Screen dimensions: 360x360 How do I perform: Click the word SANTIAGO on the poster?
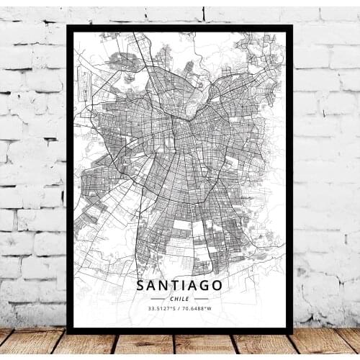pos(179,286)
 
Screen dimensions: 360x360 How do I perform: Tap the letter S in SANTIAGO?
pos(140,286)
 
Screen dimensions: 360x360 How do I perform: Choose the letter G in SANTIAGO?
pos(206,286)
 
